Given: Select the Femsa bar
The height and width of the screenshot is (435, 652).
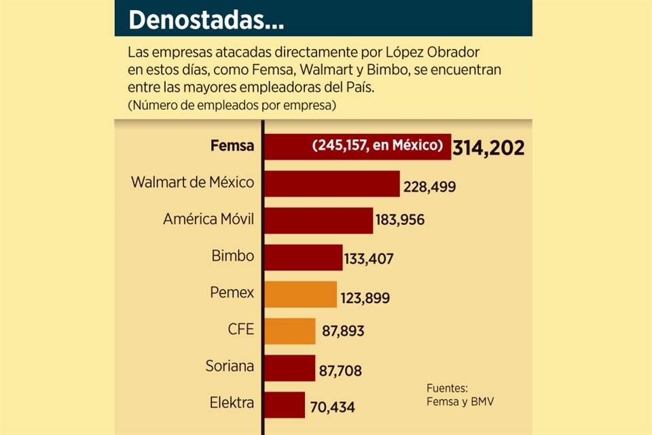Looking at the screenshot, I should tap(357, 146).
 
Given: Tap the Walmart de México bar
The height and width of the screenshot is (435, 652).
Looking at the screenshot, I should tap(331, 184).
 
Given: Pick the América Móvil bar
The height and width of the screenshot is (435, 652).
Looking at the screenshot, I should tap(318, 220).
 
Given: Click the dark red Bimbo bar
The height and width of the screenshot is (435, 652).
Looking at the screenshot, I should tap(302, 257).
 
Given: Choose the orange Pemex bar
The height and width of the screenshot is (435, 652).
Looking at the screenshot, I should tap(300, 294).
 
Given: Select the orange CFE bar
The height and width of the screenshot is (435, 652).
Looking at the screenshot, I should tap(289, 331).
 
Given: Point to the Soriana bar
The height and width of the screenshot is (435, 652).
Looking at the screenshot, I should tap(289, 368).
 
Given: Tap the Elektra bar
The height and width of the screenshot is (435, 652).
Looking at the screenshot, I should tap(283, 404).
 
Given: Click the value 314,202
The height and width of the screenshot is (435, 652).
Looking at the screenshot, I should tap(488, 148).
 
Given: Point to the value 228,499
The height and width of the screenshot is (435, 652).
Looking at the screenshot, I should tap(429, 186).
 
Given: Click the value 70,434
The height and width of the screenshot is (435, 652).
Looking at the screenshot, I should tap(333, 408).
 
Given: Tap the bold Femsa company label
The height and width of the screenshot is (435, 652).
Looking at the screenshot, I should tap(232, 145).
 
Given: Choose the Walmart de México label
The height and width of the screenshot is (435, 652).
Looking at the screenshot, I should tap(192, 182).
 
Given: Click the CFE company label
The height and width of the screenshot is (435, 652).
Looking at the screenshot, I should tap(240, 330).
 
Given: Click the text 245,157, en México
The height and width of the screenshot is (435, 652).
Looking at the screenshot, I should tap(377, 145).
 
